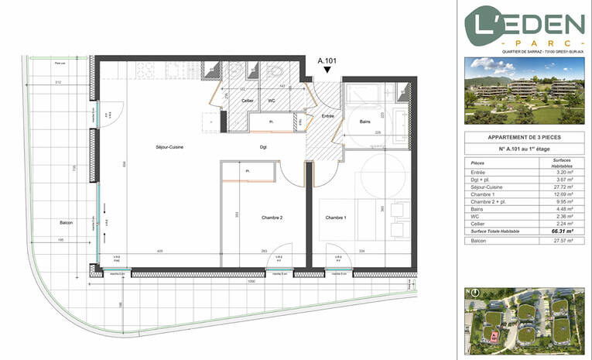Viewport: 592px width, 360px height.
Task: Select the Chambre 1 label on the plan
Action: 336,218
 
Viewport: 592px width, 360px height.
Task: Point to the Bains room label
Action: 358,122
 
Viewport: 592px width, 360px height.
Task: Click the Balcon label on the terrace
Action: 67,223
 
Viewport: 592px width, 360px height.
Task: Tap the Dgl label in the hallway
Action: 263,147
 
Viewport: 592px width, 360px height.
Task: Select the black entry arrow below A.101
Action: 328,70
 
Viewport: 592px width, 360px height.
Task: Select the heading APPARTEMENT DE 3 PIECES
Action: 524,136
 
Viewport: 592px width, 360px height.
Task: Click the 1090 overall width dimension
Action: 251,281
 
